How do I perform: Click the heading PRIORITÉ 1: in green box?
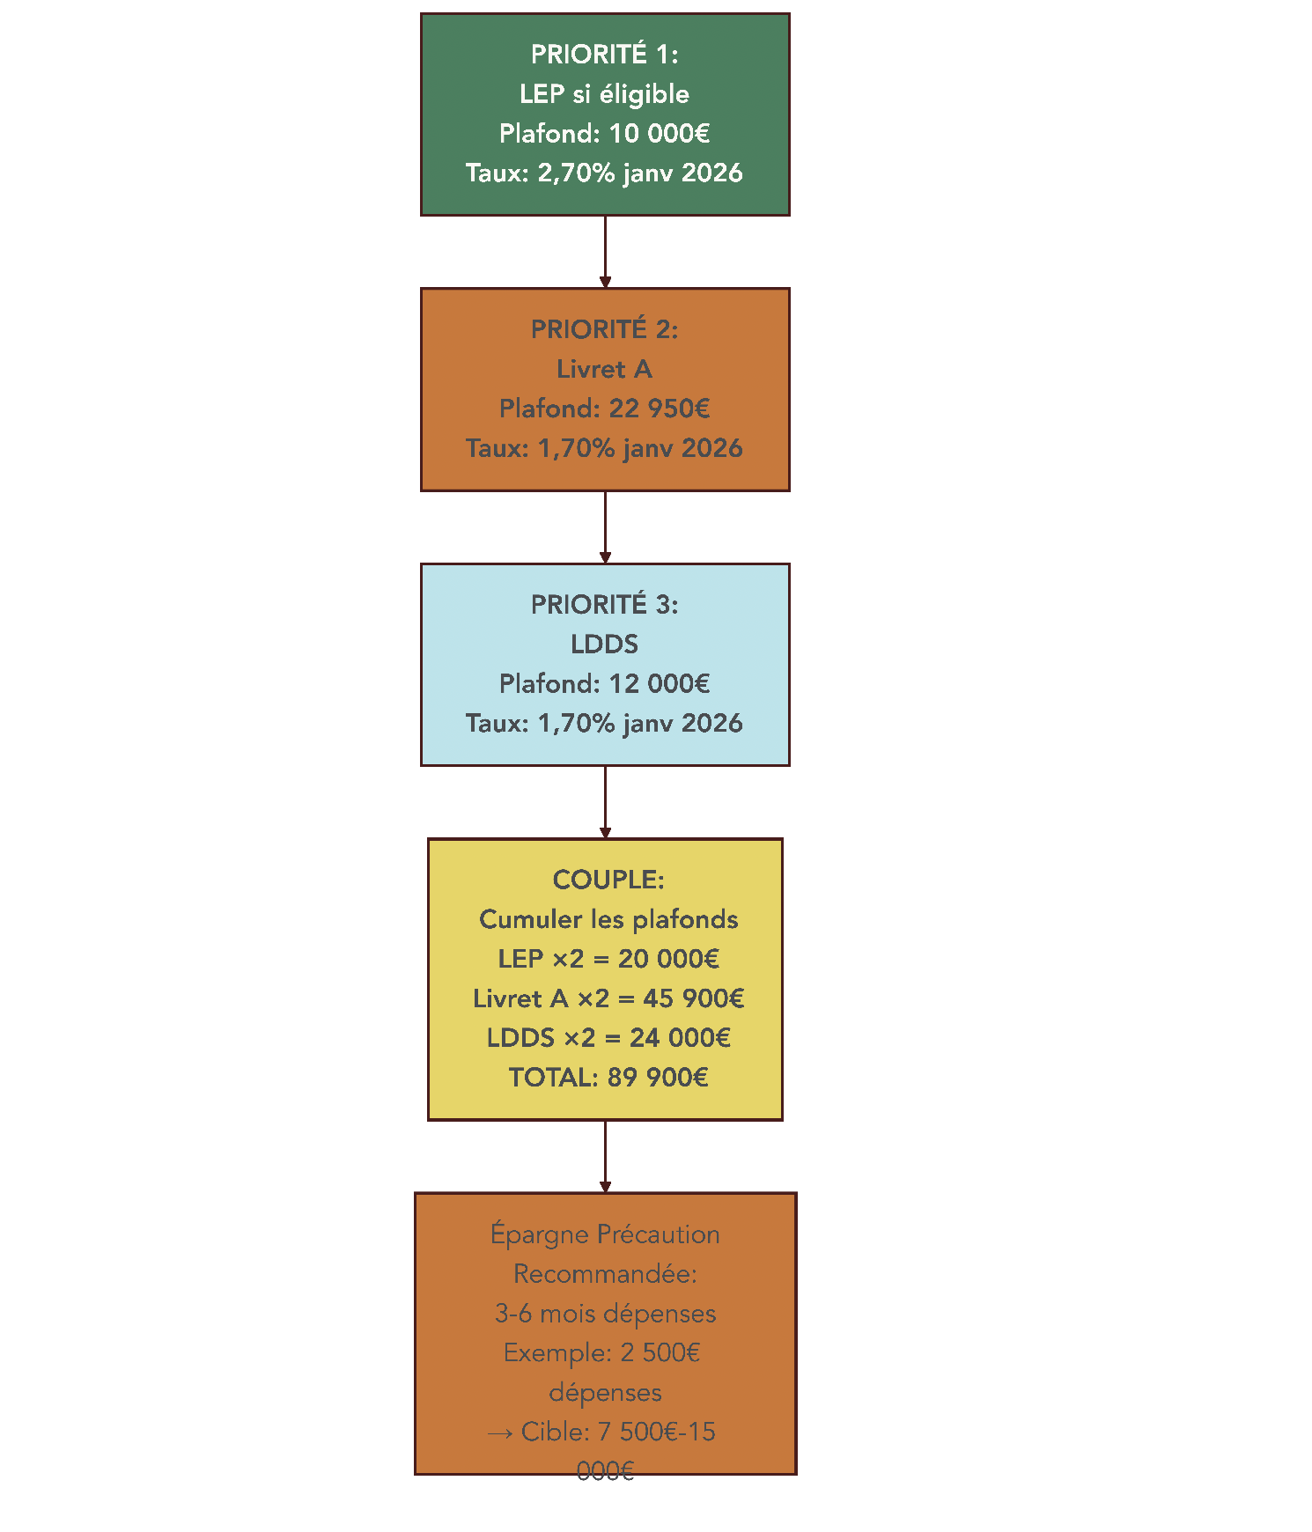pos(604,55)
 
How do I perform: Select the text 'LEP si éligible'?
pos(604,94)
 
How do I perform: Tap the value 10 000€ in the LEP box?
pos(659,134)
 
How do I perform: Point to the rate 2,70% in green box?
pos(576,173)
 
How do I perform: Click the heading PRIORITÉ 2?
pos(604,329)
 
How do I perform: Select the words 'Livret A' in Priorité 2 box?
pos(604,369)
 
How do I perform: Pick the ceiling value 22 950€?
pos(659,409)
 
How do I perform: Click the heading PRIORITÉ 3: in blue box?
pos(604,605)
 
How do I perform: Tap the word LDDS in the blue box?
pos(604,644)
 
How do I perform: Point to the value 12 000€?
pos(659,684)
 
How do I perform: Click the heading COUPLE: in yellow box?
pos(608,880)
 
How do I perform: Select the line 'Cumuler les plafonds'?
pos(608,919)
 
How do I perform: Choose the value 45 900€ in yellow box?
pos(693,998)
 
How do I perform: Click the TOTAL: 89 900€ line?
pos(608,1078)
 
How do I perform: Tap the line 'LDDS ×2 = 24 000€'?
pos(608,1038)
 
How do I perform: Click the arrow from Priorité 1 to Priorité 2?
pos(605,251)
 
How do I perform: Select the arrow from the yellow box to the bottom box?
pos(605,1156)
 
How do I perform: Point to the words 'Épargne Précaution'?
pos(605,1234)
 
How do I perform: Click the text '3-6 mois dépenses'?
pos(605,1314)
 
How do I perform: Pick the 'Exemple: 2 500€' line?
pos(601,1353)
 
